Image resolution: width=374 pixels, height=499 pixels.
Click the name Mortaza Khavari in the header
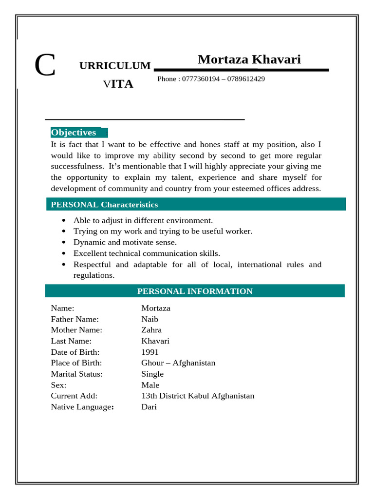[x=249, y=59]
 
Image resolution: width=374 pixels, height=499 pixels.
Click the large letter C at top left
[x=45, y=66]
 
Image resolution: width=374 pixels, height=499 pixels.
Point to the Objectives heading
[x=74, y=133]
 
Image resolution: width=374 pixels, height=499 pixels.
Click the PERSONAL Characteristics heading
[x=104, y=205]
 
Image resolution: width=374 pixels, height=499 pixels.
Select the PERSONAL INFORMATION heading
[x=195, y=291]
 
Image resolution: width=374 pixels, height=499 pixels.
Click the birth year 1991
[x=150, y=352]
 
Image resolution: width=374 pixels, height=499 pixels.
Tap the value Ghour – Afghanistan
[x=178, y=363]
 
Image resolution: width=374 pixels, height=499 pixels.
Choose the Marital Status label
[x=76, y=374]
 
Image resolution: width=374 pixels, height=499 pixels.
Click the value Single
[x=152, y=374]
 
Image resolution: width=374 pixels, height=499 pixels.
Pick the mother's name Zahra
[x=151, y=330]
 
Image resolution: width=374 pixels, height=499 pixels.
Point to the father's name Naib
[x=150, y=319]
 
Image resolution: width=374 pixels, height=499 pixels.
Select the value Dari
[x=149, y=407]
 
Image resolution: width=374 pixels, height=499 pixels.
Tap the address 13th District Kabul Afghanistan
[x=198, y=396]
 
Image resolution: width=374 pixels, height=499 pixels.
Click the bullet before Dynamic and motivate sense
[x=64, y=242]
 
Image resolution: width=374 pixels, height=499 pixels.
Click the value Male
[x=150, y=385]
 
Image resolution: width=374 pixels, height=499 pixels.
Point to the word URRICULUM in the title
[x=115, y=66]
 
